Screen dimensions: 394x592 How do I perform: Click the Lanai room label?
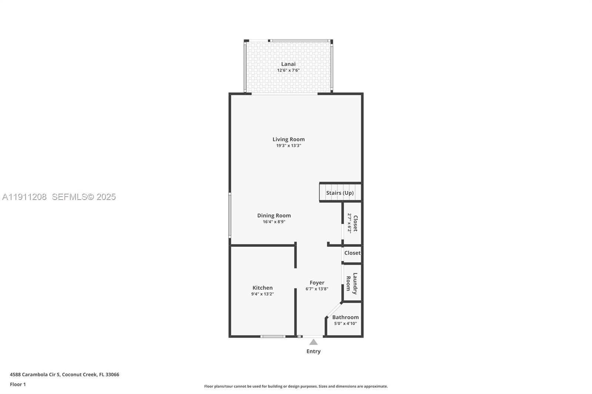[x=288, y=64]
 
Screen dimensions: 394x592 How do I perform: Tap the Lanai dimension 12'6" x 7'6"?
[x=288, y=70]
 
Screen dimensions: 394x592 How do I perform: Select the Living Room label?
[x=289, y=139]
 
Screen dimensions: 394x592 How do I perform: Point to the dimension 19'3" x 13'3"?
[x=289, y=146]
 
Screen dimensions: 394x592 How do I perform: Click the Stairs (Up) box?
[x=340, y=193]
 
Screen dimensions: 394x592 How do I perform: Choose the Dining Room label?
[x=274, y=215]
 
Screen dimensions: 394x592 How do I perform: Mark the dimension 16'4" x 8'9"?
[x=274, y=222]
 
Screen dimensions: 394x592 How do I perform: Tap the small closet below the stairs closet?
[x=352, y=253]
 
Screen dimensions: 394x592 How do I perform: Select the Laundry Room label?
[x=351, y=283]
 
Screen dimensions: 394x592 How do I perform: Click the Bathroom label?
[x=345, y=317]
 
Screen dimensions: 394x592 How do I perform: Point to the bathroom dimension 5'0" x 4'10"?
[x=345, y=323]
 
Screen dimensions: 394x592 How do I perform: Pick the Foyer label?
[x=317, y=283]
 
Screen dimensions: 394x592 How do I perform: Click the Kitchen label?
[x=262, y=288]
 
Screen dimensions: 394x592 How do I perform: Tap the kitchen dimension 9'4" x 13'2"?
[x=262, y=294]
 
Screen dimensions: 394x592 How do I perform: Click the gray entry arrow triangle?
[x=313, y=342]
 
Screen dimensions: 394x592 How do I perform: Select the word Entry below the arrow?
[x=313, y=351]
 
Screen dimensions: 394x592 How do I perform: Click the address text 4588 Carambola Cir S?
[x=35, y=374]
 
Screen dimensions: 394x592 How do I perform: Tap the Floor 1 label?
[x=18, y=384]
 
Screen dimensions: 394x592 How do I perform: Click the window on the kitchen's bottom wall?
[x=273, y=336]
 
